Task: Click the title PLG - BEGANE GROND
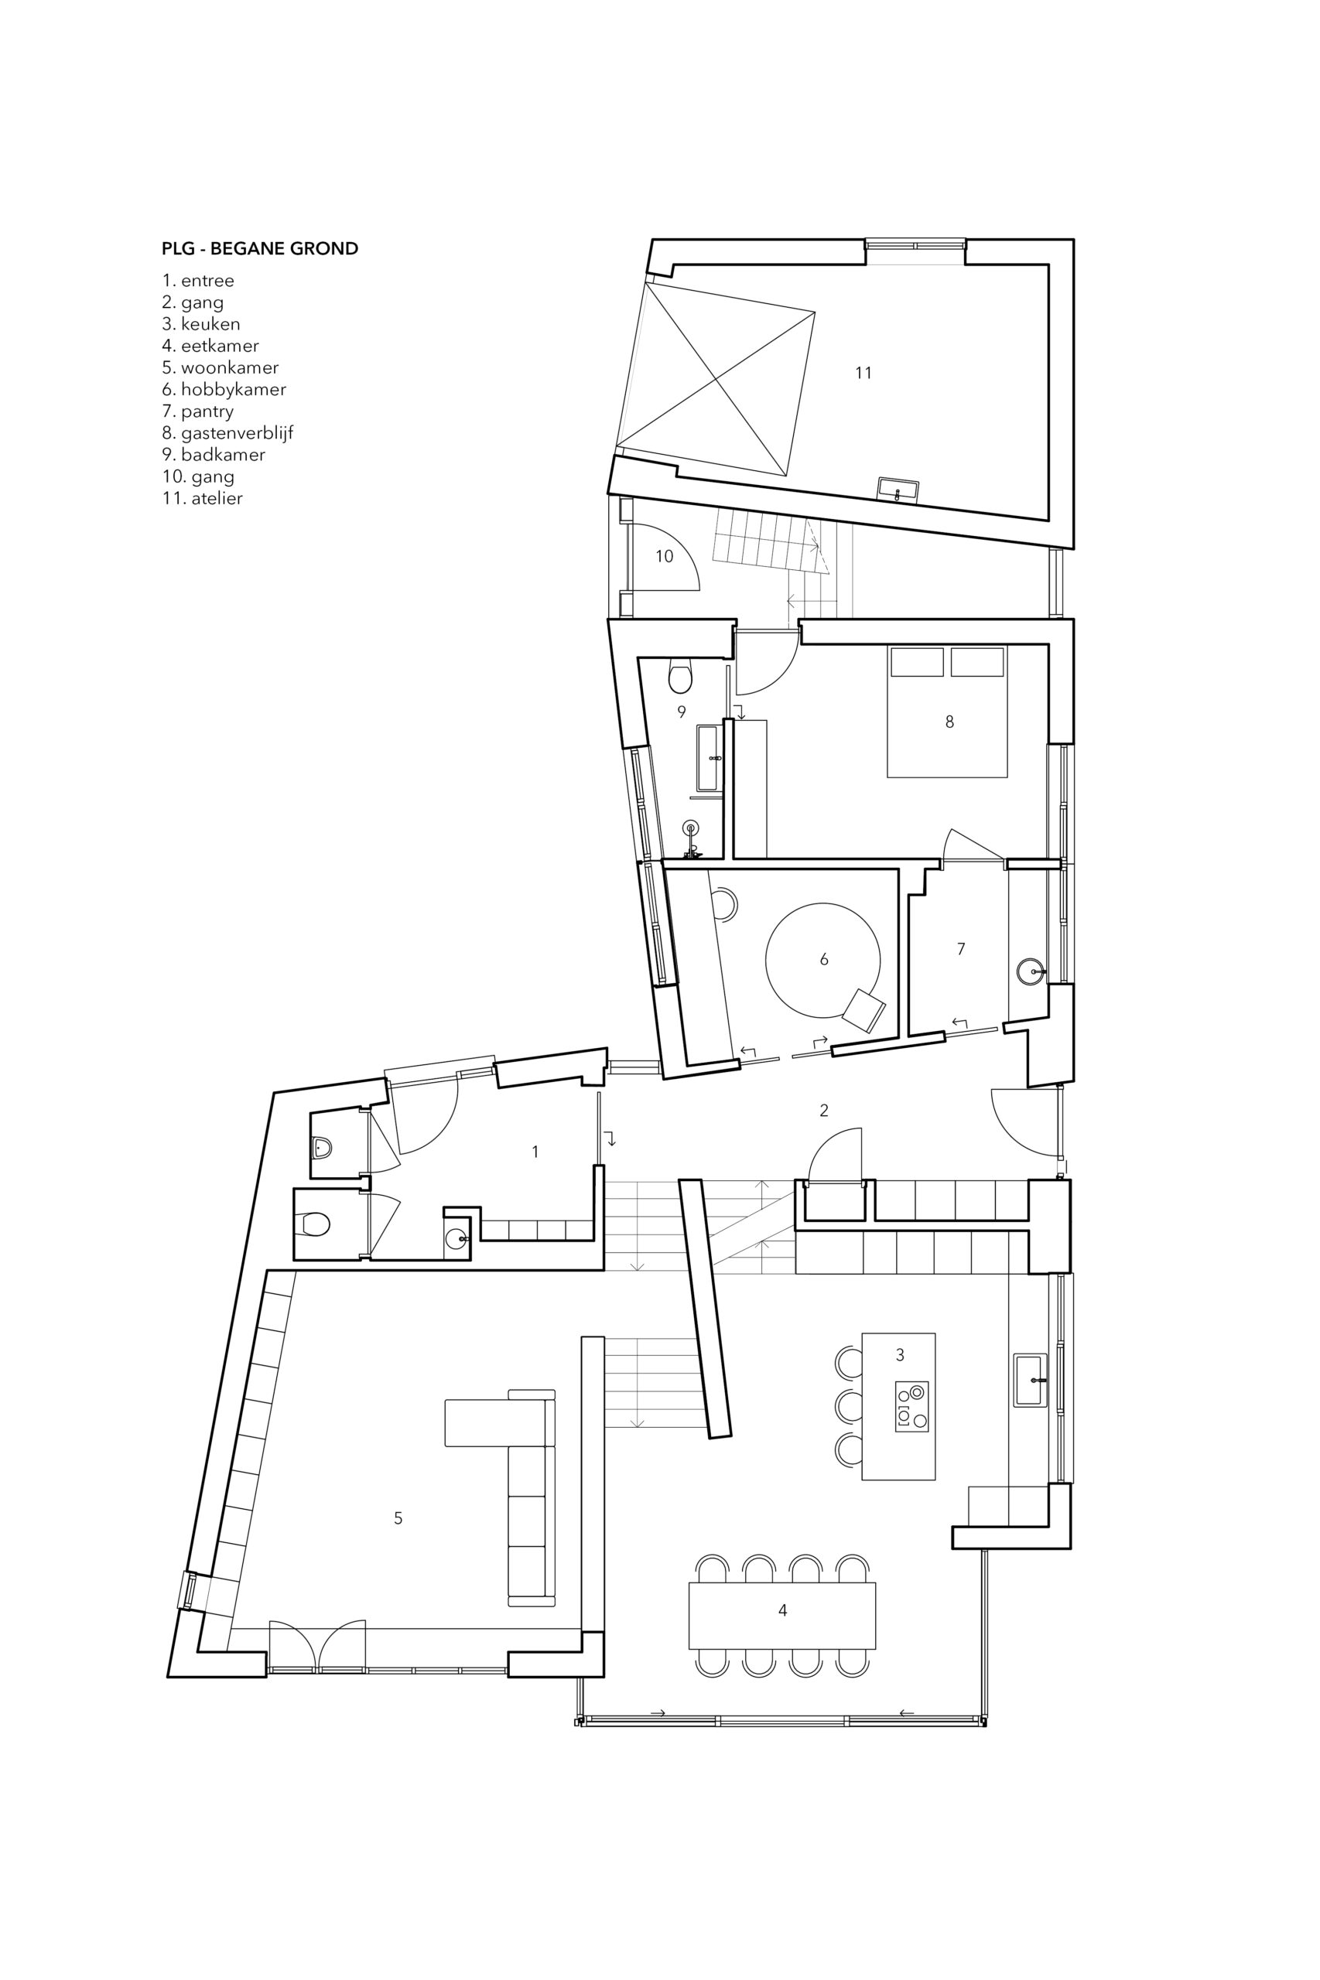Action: [x=260, y=248]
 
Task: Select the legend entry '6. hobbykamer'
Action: [x=224, y=390]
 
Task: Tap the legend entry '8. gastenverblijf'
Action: [x=227, y=433]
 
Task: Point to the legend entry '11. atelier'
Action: [x=202, y=498]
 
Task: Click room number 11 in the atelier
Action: [x=863, y=373]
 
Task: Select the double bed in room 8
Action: [x=947, y=710]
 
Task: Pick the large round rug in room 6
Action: [x=822, y=959]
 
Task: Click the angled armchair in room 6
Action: [x=863, y=1010]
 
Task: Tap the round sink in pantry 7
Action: [x=1031, y=972]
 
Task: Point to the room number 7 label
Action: [x=960, y=948]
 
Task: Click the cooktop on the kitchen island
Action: [x=911, y=1405]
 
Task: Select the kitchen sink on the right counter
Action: [x=1031, y=1380]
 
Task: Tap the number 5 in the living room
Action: [x=398, y=1518]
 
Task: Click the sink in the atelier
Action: [x=898, y=489]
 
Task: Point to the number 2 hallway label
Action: [x=823, y=1110]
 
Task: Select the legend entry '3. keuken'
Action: [x=201, y=324]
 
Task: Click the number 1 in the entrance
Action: [x=535, y=1151]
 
